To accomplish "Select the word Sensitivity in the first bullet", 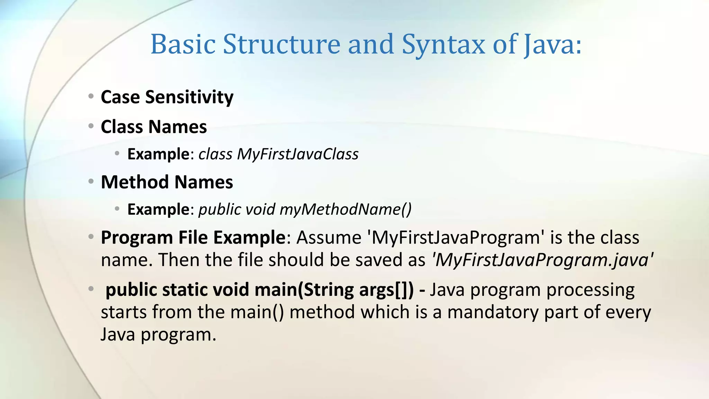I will (189, 97).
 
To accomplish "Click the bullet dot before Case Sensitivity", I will (91, 96).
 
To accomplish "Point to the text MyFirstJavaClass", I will (298, 154).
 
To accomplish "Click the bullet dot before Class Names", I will (91, 126).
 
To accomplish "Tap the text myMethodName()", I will (345, 209).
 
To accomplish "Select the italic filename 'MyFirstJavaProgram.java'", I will (542, 260).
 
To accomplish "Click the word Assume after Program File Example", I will (329, 238).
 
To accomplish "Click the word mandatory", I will (493, 312).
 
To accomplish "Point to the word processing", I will (590, 290).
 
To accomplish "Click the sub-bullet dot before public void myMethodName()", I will (117, 209).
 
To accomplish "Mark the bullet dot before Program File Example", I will (91, 237).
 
